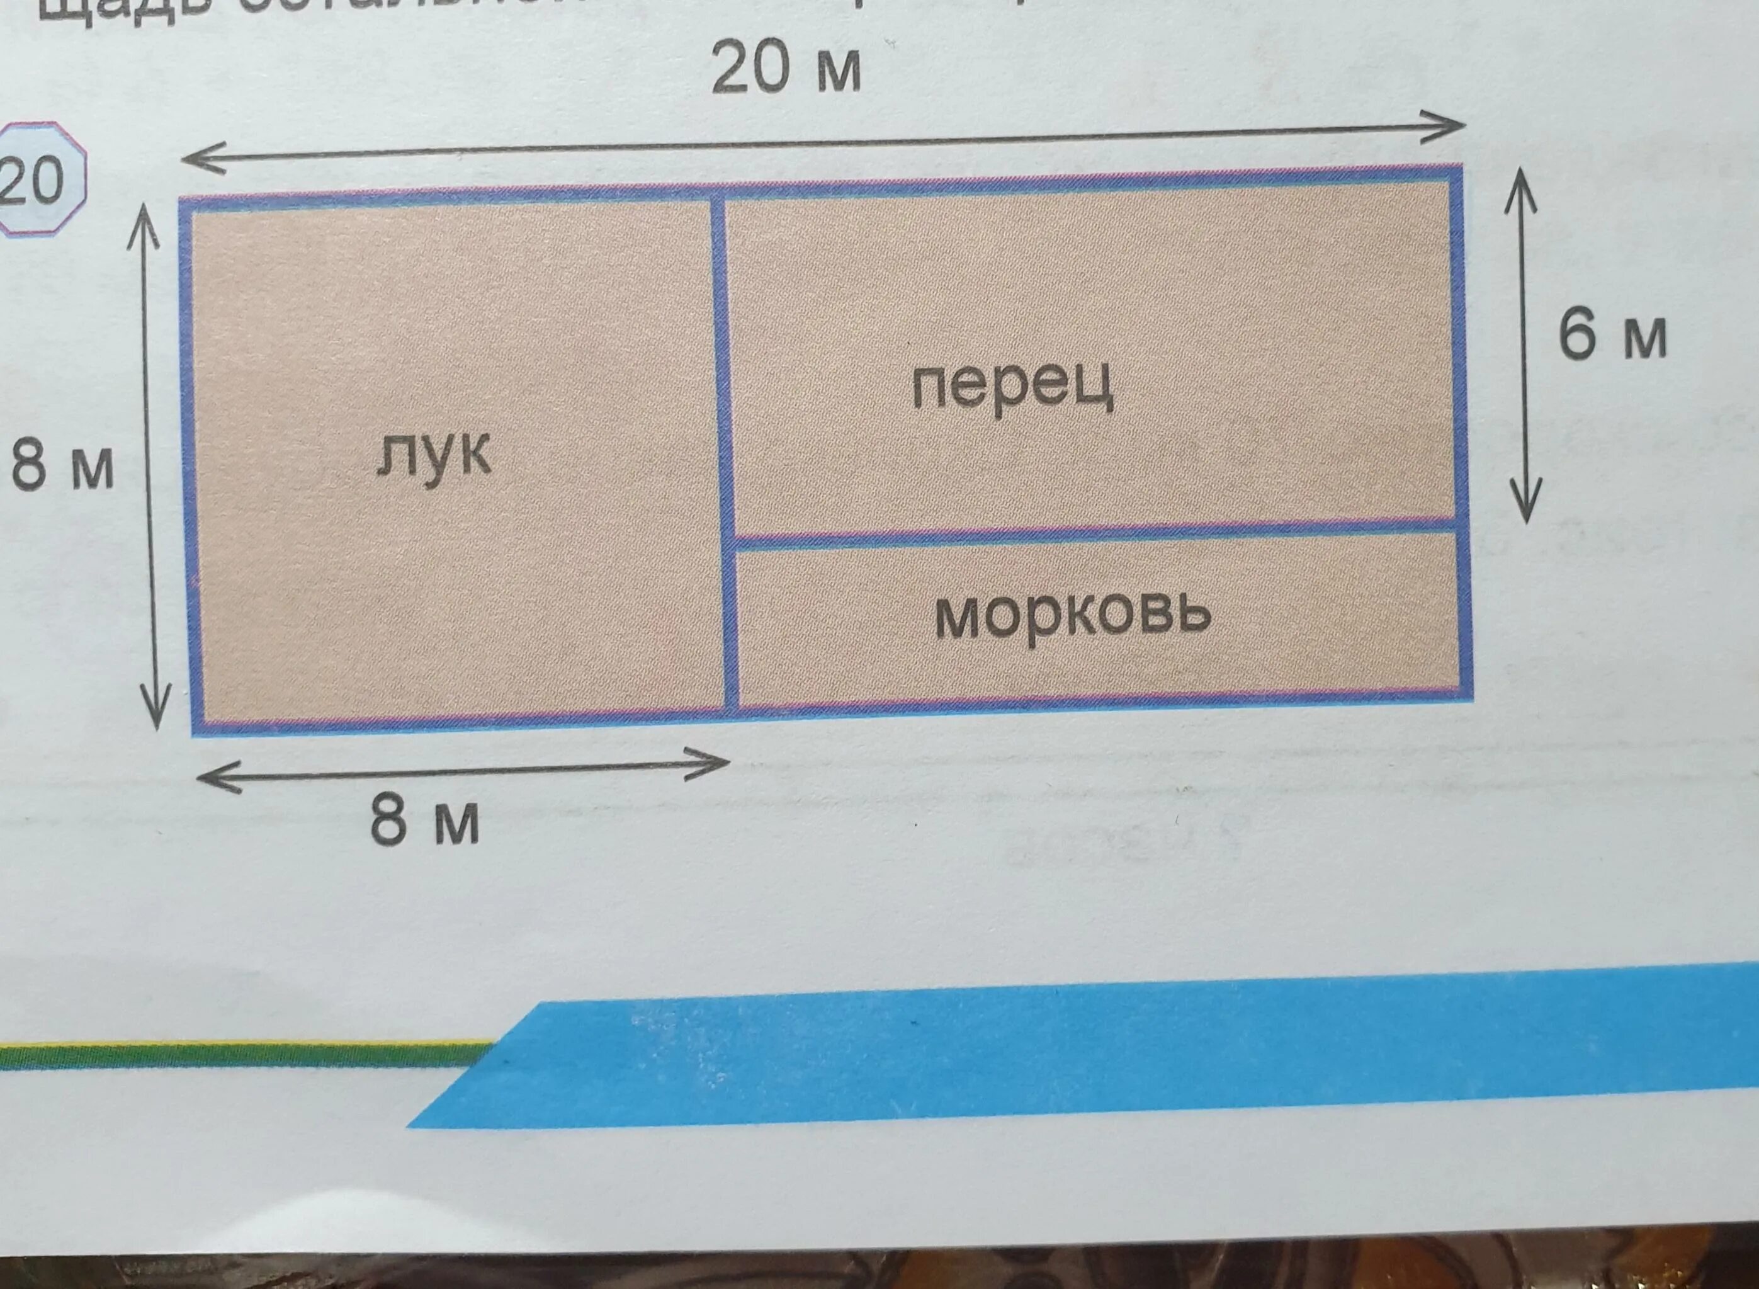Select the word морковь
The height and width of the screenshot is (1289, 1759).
coord(1073,616)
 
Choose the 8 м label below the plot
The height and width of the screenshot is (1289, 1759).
coord(424,823)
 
